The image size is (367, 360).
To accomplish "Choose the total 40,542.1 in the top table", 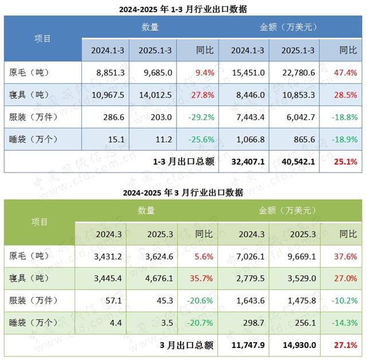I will (x=298, y=162).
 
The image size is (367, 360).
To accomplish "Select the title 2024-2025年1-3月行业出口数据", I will (x=183, y=9).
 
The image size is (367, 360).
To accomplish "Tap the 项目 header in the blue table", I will (x=42, y=38).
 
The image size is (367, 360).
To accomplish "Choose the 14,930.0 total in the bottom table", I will (x=298, y=345).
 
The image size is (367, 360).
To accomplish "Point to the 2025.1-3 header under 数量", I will (x=154, y=50).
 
